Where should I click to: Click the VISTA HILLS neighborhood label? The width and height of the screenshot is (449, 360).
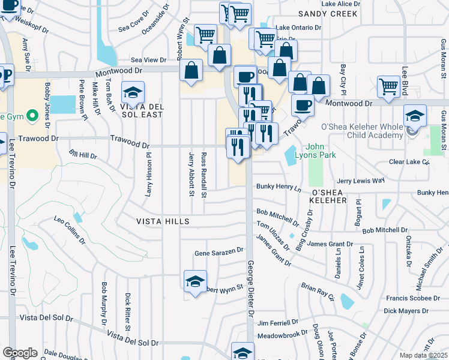[163, 221]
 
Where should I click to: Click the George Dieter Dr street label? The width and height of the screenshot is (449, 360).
[250, 288]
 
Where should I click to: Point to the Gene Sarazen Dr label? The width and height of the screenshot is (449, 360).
[218, 253]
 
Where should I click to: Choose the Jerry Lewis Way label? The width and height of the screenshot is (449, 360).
[360, 180]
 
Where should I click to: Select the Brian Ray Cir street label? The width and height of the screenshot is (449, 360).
[317, 291]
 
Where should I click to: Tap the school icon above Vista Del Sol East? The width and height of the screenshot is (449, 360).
[133, 93]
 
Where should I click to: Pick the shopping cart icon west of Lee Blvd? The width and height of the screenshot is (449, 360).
[388, 87]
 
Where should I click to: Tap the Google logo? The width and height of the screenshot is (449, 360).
[20, 352]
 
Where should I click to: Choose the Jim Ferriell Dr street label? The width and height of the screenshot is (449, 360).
[278, 323]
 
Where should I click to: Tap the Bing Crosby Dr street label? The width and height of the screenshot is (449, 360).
[304, 230]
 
